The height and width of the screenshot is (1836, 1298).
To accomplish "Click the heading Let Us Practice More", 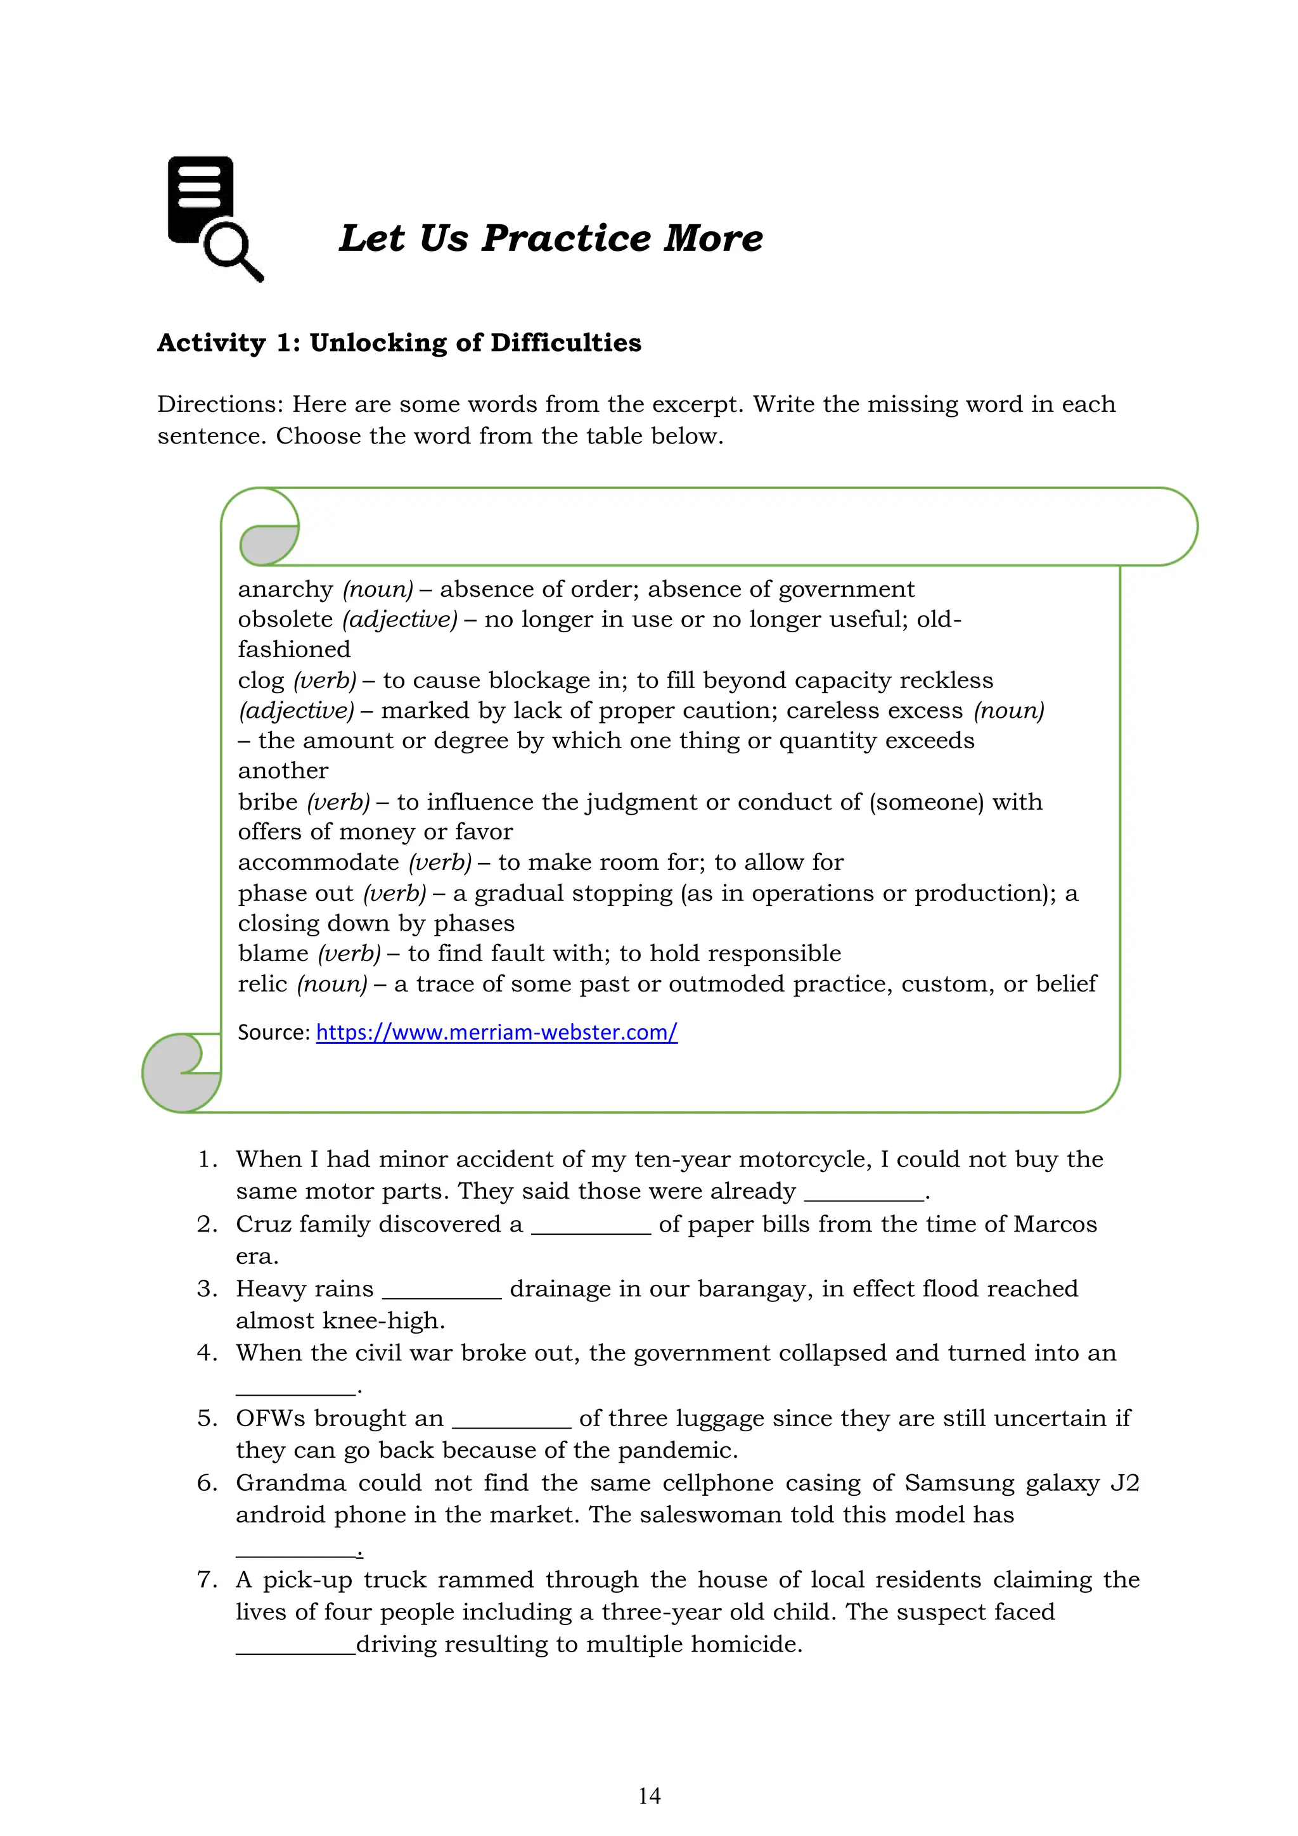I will click(550, 238).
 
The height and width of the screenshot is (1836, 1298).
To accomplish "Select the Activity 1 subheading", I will click(399, 343).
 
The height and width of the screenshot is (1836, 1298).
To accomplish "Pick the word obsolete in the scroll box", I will click(285, 620).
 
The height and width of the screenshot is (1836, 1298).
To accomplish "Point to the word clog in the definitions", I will click(260, 681).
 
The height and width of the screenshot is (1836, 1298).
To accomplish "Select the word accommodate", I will click(318, 863).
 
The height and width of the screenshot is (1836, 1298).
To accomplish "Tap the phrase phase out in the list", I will click(295, 893).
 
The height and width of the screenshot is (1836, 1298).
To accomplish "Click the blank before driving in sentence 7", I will click(295, 1646).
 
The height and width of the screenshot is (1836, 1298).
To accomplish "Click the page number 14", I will click(648, 1796).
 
